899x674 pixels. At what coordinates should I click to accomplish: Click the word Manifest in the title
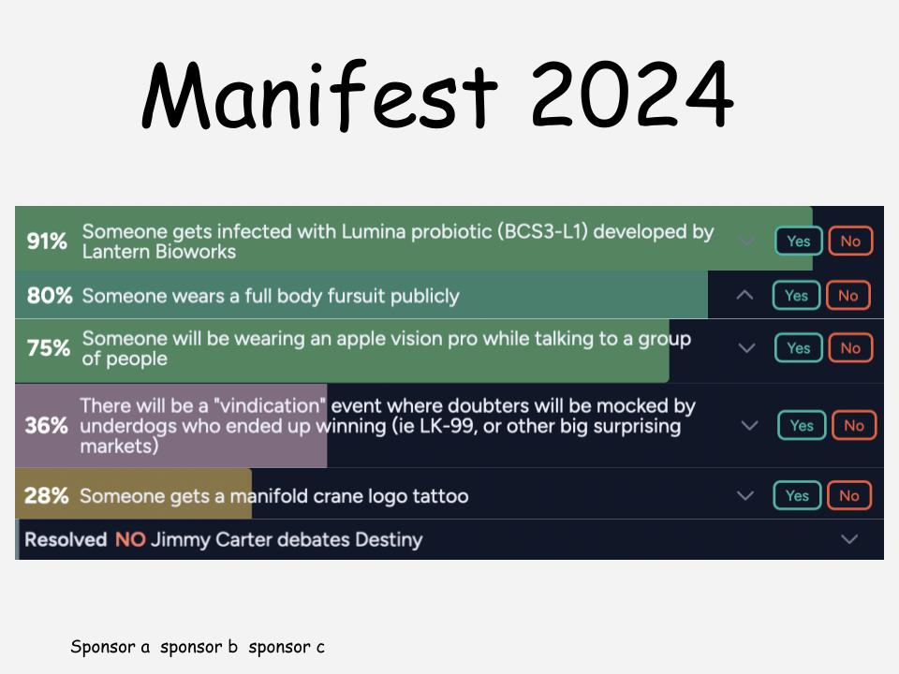(x=320, y=94)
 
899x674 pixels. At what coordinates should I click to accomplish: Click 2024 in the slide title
(x=632, y=94)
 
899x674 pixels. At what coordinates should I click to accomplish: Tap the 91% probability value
(x=47, y=242)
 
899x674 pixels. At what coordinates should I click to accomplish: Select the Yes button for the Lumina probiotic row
(x=799, y=242)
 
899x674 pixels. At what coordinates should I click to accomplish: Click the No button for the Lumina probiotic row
(x=850, y=242)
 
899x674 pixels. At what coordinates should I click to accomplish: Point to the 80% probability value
(x=50, y=296)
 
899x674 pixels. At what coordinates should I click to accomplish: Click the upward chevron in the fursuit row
(x=744, y=295)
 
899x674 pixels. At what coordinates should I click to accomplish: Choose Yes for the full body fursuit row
(x=796, y=296)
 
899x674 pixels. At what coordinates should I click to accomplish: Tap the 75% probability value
(x=48, y=348)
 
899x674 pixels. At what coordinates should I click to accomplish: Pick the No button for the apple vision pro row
(x=850, y=348)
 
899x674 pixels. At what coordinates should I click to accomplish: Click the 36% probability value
(x=47, y=425)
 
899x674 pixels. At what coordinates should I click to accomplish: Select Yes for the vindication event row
(x=802, y=425)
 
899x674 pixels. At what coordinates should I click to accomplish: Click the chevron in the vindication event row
(x=749, y=425)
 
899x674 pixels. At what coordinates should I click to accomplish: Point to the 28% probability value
(x=47, y=496)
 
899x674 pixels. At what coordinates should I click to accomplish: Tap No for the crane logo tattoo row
(x=849, y=496)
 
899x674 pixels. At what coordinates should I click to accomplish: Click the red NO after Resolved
(x=130, y=539)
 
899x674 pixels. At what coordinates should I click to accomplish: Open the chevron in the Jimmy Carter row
(x=849, y=539)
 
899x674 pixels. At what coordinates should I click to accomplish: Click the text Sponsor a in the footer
(x=111, y=647)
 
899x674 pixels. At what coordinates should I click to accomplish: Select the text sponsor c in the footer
(x=287, y=647)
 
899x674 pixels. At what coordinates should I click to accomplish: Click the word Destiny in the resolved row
(x=389, y=540)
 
